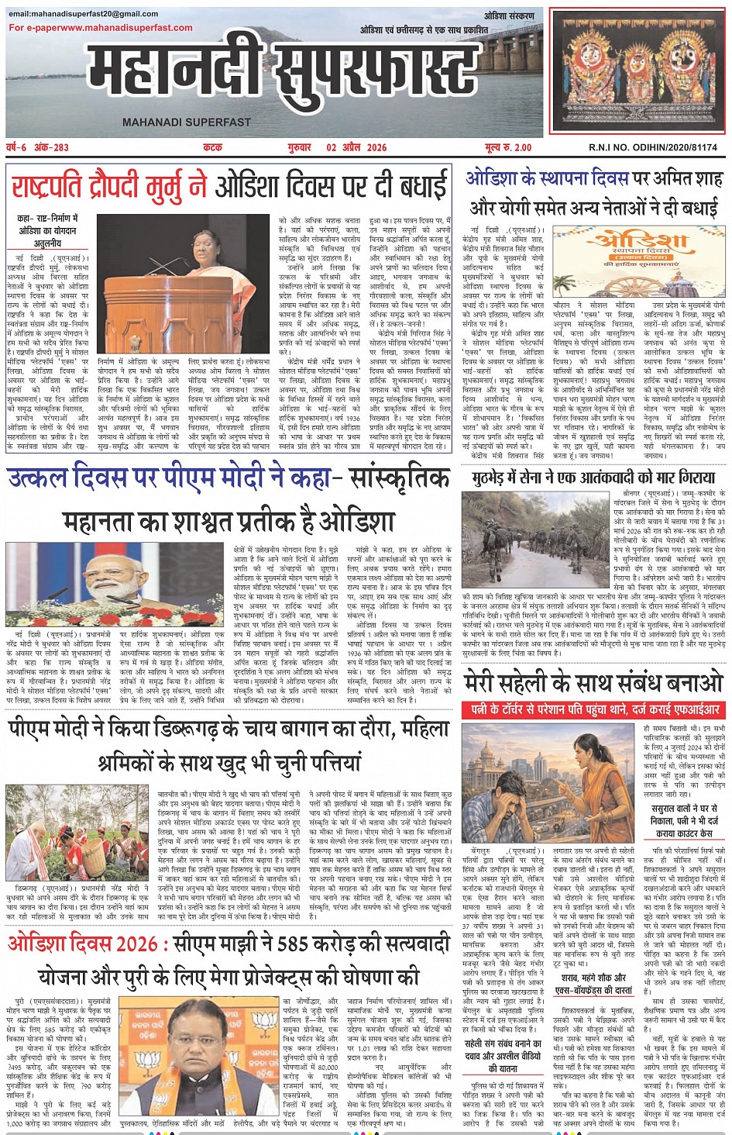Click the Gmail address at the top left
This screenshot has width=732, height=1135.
coord(84,14)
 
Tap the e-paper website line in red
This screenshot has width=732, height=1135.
coord(101,28)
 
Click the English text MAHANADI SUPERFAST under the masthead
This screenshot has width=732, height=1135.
coord(186,122)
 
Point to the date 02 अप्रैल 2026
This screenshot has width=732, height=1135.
coord(356,147)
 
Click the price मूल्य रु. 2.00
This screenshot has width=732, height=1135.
coord(508,147)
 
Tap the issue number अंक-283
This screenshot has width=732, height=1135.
coord(51,147)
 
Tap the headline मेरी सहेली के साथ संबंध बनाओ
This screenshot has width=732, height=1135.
coord(593,682)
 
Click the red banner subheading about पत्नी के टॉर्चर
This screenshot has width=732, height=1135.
coord(593,709)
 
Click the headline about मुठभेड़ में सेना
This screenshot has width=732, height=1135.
coord(593,478)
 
